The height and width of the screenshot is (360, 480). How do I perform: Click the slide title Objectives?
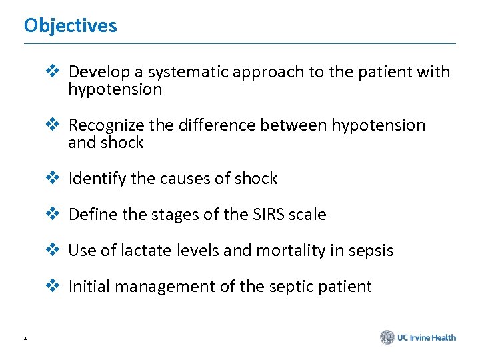[70, 26]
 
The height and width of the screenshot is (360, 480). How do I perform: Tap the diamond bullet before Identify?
[52, 178]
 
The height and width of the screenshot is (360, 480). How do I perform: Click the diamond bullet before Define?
[52, 214]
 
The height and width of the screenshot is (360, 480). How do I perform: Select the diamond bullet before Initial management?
[52, 286]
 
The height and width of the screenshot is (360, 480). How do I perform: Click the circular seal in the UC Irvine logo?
[387, 337]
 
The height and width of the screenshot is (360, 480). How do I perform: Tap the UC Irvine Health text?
[427, 338]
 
